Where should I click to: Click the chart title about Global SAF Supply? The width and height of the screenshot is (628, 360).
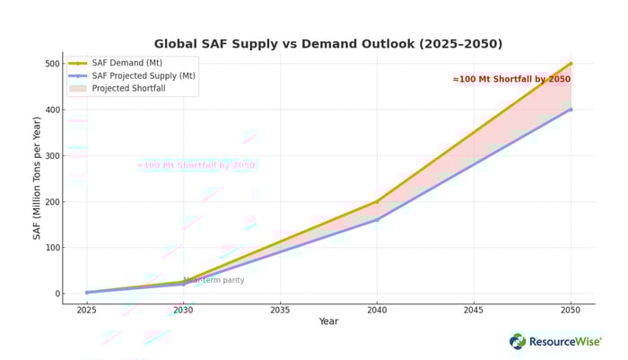(328, 44)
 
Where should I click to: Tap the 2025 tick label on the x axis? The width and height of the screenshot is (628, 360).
(87, 311)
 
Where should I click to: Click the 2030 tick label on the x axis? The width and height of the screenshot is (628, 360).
(183, 311)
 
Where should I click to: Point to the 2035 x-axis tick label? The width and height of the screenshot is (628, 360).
(280, 311)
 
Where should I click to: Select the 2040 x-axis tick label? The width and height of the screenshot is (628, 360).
(377, 311)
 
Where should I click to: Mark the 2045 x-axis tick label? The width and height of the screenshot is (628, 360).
(474, 311)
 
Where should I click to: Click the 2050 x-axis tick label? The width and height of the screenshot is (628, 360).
(571, 311)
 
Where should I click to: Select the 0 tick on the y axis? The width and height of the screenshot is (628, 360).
(56, 294)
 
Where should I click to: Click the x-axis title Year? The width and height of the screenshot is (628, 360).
(328, 321)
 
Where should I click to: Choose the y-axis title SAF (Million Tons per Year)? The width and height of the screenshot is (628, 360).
(38, 178)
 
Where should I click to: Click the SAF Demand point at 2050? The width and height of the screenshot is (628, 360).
(571, 64)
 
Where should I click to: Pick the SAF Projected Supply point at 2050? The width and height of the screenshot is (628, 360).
(571, 110)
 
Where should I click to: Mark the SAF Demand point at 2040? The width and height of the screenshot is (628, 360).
(377, 201)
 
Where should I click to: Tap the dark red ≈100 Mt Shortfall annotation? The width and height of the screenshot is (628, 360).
(511, 79)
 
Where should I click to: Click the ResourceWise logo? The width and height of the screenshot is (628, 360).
(555, 342)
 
